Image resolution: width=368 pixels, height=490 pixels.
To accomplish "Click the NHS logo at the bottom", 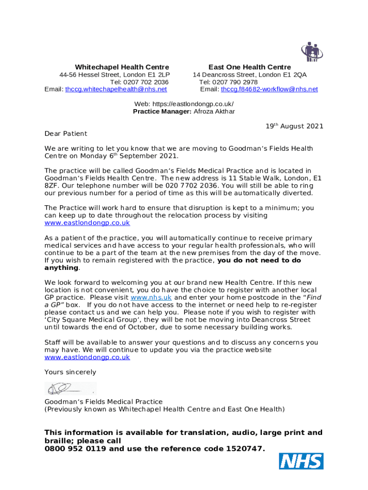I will (x=301, y=461).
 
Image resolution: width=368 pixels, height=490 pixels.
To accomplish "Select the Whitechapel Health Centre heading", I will (x=122, y=67).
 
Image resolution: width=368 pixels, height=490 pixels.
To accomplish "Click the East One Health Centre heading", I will (x=249, y=67).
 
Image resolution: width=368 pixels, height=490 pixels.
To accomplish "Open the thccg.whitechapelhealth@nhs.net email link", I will (x=116, y=89).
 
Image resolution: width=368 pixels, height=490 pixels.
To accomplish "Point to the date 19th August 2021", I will (x=294, y=126).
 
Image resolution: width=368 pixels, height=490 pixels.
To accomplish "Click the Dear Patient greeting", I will (x=66, y=134).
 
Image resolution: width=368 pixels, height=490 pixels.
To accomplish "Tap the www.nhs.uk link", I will (x=151, y=297).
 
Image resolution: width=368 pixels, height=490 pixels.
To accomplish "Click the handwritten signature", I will (x=67, y=388).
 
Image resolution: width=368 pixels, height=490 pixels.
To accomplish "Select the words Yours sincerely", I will (x=70, y=372).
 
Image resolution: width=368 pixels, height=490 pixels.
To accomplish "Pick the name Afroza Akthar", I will (x=214, y=111).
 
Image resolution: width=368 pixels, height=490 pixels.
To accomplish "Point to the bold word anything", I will (x=61, y=268).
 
